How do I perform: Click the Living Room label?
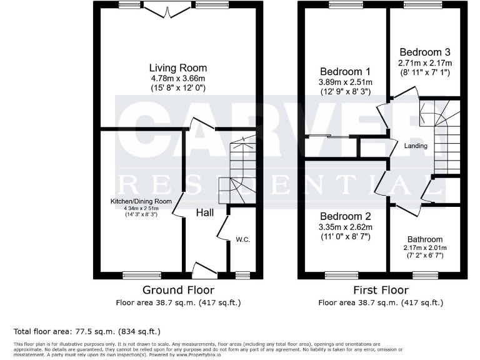tap(177, 67)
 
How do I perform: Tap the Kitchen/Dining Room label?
tap(141, 201)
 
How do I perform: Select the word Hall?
tap(205, 213)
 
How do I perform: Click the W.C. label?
tap(243, 239)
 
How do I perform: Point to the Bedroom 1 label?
tap(345, 71)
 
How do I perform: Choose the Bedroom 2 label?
tap(345, 216)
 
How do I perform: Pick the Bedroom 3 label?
tap(425, 52)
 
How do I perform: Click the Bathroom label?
tap(425, 239)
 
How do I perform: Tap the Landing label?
tap(416, 146)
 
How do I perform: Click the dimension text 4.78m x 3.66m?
tap(177, 79)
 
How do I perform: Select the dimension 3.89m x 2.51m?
tap(345, 82)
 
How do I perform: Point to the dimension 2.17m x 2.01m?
tap(425, 247)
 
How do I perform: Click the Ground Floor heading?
tap(178, 290)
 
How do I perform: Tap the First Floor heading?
tap(381, 290)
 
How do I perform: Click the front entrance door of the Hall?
tap(204, 271)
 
